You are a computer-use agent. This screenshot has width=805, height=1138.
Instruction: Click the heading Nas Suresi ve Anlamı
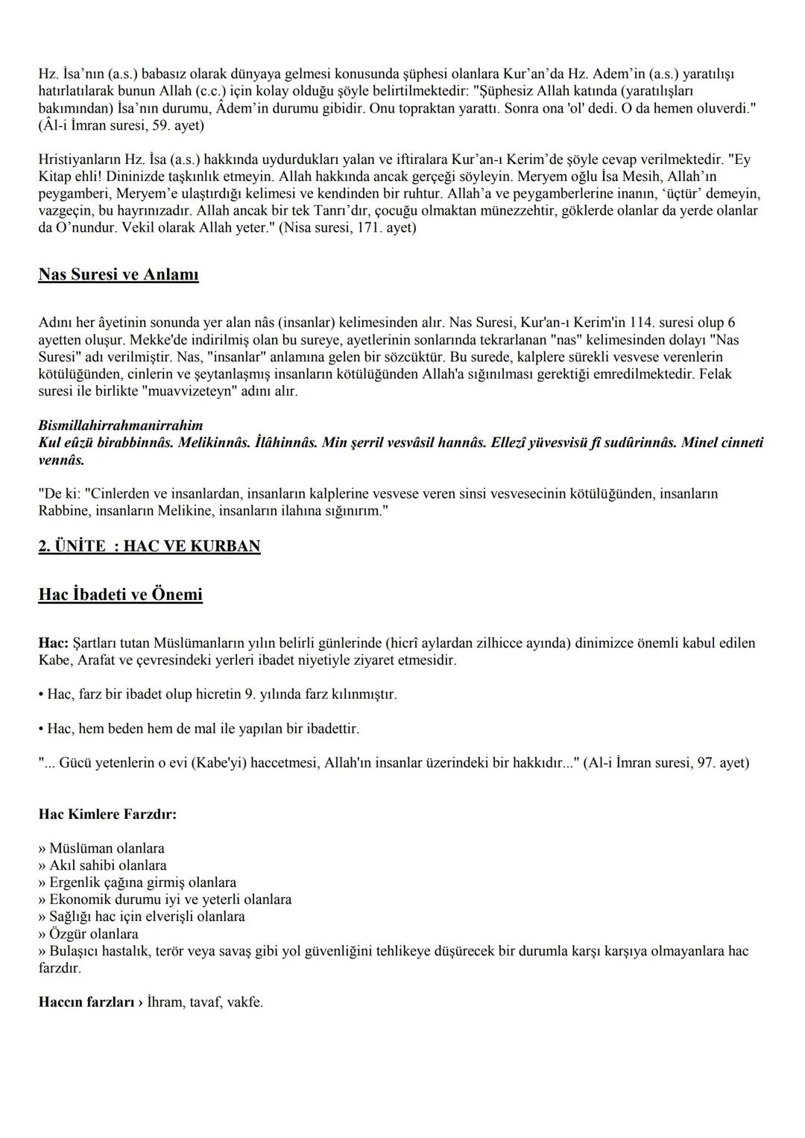pyautogui.click(x=119, y=275)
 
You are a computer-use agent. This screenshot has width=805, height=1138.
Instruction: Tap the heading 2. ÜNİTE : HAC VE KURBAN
pyautogui.click(x=149, y=546)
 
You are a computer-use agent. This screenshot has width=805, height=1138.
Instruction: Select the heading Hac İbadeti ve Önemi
pyautogui.click(x=120, y=595)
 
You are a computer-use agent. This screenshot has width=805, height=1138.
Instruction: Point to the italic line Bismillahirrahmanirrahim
pyautogui.click(x=120, y=426)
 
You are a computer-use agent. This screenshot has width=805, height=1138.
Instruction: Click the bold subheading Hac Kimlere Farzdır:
pyautogui.click(x=107, y=814)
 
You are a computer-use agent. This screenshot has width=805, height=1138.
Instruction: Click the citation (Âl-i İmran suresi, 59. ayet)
pyautogui.click(x=121, y=126)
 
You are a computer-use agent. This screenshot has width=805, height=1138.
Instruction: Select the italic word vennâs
pyautogui.click(x=61, y=460)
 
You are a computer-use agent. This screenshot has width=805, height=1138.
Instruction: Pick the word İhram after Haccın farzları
pyautogui.click(x=166, y=1002)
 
